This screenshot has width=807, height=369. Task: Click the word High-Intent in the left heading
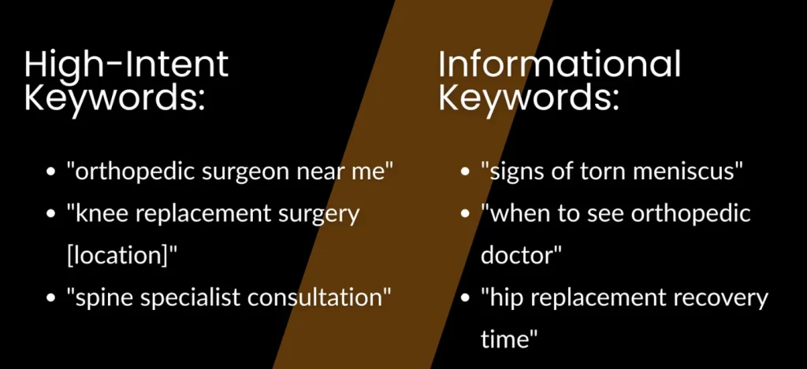[126, 64]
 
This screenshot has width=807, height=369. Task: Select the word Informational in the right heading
[560, 64]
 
